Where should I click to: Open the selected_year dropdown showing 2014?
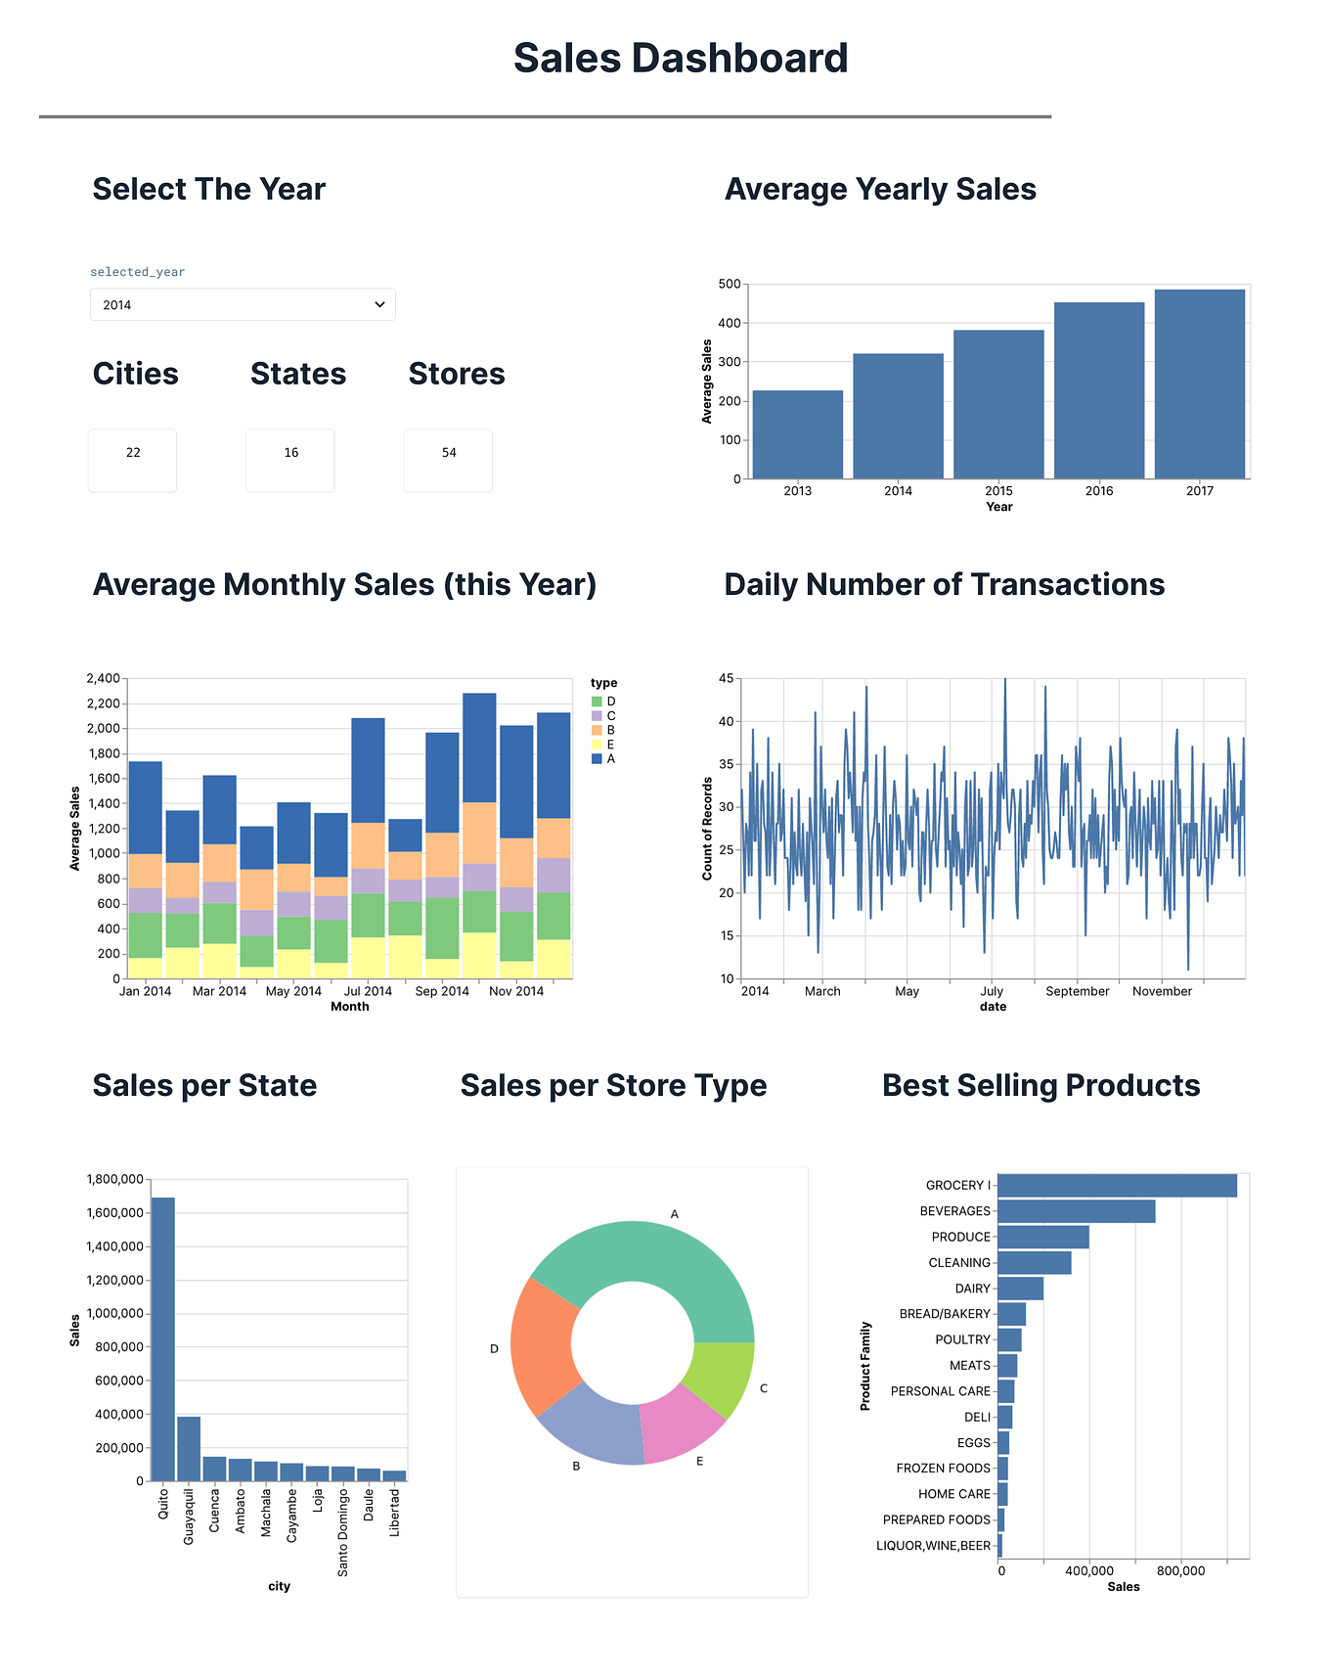243,304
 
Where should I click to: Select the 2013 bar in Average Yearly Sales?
797,434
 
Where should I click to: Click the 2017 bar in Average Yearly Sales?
1199,384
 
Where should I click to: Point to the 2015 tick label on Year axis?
998,491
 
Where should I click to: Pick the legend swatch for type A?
597,759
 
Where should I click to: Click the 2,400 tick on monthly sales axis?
103,678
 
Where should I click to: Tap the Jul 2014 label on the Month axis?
368,991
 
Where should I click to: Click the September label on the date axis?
1077,991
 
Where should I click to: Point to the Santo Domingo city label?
343,1532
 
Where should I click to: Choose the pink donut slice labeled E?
681,1424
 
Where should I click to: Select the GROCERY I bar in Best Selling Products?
1117,1186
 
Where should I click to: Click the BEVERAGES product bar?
1076,1211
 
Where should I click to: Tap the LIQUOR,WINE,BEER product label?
933,1546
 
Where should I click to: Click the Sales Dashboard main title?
681,58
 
